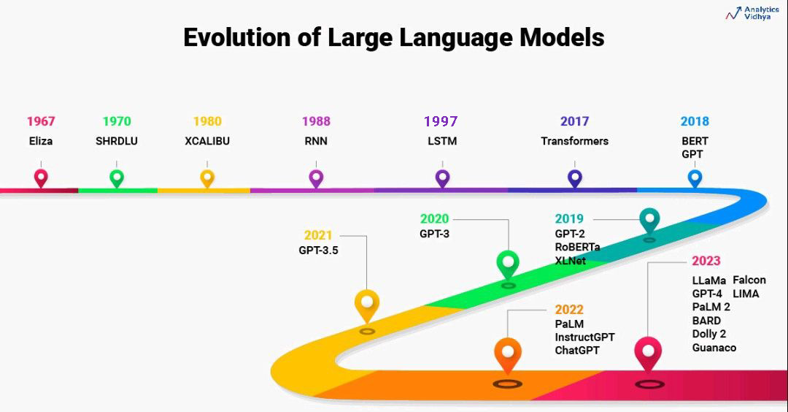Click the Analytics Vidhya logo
point(752,13)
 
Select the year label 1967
point(41,121)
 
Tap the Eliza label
point(41,141)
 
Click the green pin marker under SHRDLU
point(117,177)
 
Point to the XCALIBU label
point(207,141)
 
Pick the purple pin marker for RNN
point(316,177)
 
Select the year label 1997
point(442,121)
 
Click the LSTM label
point(442,141)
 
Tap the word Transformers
point(574,141)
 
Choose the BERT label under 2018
point(695,141)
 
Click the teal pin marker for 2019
point(649,220)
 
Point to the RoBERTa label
point(577,247)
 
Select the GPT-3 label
point(434,234)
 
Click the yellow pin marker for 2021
point(367,303)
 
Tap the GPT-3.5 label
point(318,250)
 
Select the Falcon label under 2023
point(749,280)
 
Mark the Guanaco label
point(714,348)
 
